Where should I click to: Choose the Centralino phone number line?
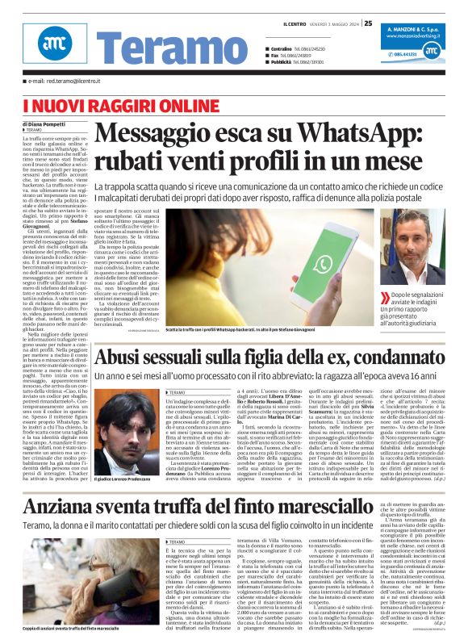[x=308, y=49]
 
